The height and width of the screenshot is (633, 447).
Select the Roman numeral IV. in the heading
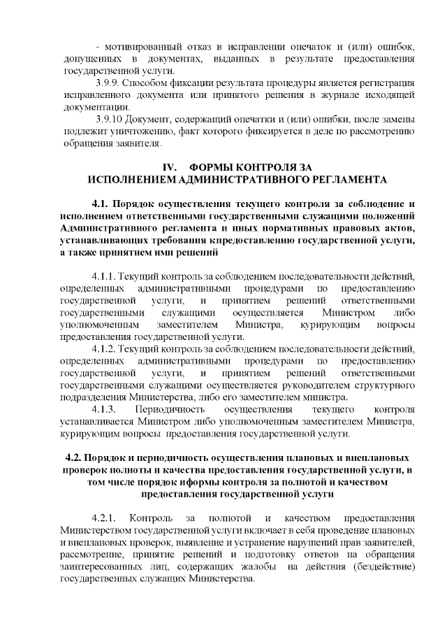point(170,168)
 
